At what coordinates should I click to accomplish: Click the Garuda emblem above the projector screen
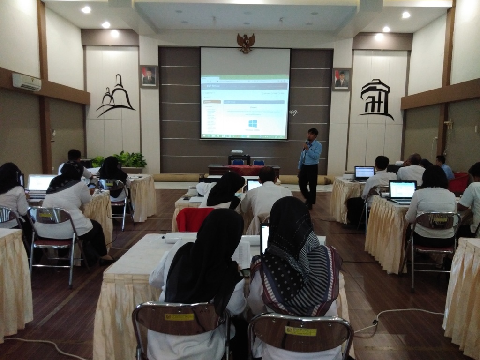(x=246, y=42)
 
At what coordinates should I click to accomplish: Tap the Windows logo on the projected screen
(x=252, y=124)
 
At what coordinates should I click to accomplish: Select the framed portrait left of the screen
(x=149, y=76)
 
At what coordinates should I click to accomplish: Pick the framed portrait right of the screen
(x=341, y=79)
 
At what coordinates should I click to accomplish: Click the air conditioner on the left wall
(x=26, y=82)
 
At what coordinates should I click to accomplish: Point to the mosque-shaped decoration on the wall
(x=116, y=96)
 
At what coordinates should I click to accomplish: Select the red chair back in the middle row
(x=195, y=219)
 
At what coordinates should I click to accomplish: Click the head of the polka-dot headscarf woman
(x=289, y=220)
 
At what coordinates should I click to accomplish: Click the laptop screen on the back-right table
(x=364, y=172)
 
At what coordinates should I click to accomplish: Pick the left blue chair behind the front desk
(x=238, y=162)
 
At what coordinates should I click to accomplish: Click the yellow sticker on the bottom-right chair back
(x=300, y=331)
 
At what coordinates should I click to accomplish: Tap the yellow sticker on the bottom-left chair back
(x=179, y=317)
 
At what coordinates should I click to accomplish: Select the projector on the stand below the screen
(x=237, y=152)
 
